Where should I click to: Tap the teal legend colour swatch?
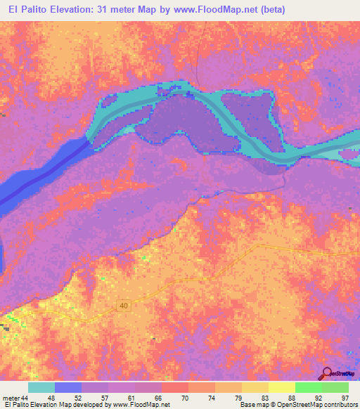[x=41, y=387]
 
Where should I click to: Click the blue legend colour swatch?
[x=68, y=387]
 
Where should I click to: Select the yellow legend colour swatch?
[x=281, y=387]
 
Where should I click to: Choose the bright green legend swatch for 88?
[x=308, y=387]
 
